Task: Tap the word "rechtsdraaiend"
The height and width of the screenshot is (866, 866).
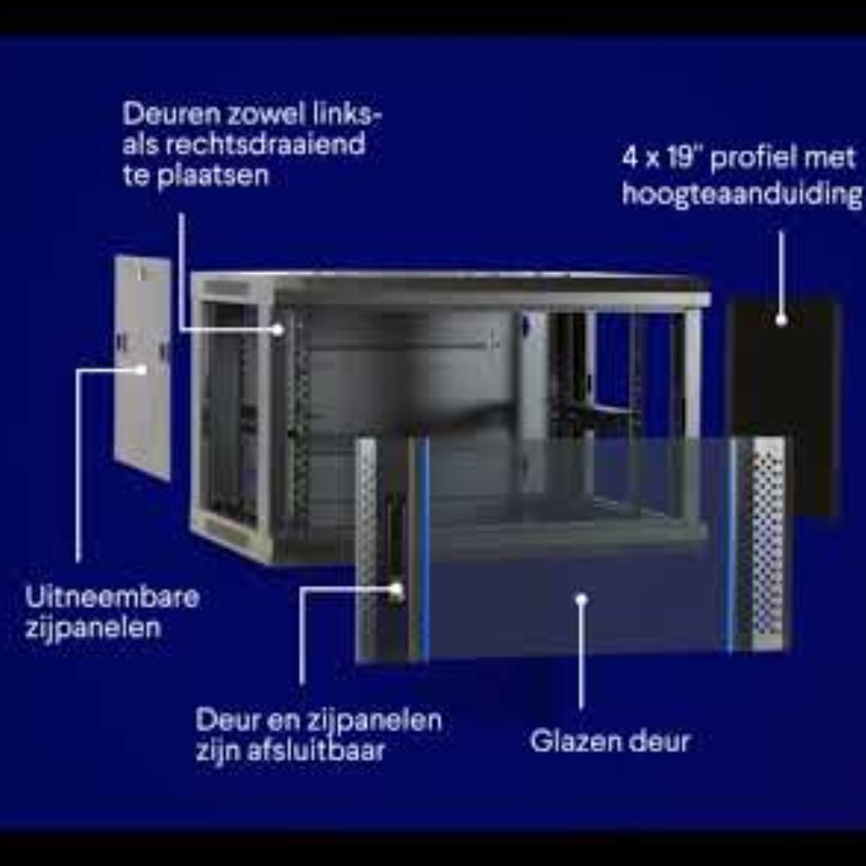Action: click(x=265, y=145)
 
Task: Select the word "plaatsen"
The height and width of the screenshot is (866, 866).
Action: click(x=213, y=177)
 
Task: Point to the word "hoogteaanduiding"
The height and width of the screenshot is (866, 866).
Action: click(x=742, y=194)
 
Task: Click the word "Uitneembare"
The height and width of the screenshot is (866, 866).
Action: click(x=112, y=598)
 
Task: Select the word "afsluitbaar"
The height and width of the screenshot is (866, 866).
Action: click(x=316, y=751)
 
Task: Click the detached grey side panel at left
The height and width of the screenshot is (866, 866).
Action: click(x=142, y=367)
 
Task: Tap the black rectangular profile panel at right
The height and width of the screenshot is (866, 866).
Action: click(x=784, y=409)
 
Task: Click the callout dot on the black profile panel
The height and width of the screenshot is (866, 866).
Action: click(x=781, y=320)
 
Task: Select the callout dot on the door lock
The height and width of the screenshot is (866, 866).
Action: click(x=396, y=590)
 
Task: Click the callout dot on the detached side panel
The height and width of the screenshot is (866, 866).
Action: click(x=142, y=370)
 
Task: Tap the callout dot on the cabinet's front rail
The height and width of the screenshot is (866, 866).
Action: click(x=278, y=330)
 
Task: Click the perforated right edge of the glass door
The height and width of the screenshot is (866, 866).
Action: click(x=766, y=541)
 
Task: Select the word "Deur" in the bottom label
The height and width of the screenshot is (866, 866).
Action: click(x=227, y=721)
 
